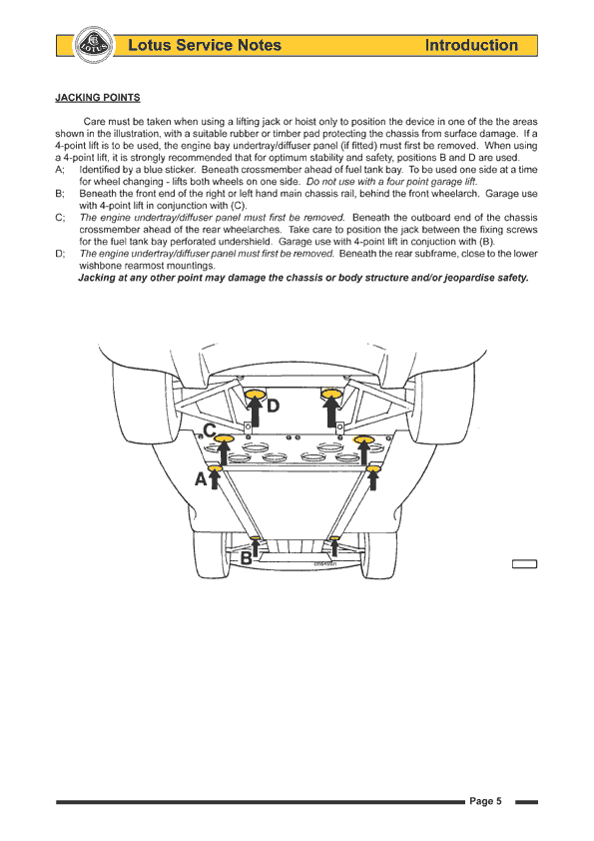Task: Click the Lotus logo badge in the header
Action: tap(94, 45)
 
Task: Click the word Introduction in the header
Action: tap(471, 45)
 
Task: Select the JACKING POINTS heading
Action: tap(98, 98)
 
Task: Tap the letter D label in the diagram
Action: tap(273, 407)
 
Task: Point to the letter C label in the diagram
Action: tap(210, 430)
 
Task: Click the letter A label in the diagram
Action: tap(201, 478)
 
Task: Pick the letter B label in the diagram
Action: tap(246, 558)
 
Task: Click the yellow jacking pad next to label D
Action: tap(256, 395)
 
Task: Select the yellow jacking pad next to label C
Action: tap(224, 439)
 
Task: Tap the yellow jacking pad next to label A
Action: tap(215, 468)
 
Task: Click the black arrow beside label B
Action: tap(256, 547)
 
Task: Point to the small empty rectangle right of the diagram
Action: tap(524, 563)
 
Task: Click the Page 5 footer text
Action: tap(486, 801)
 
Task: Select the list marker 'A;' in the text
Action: tap(60, 170)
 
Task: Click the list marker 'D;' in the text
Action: tap(60, 254)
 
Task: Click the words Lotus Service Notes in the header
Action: tap(205, 45)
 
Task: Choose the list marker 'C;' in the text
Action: tap(60, 218)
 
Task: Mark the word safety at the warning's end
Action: tap(513, 278)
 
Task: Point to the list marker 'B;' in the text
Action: tap(60, 194)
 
